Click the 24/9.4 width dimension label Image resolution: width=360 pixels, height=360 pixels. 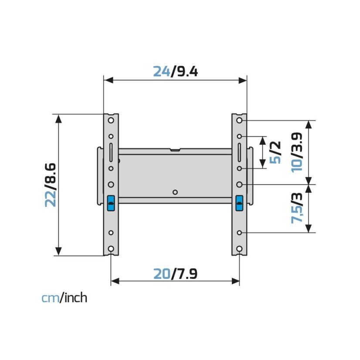point(175,71)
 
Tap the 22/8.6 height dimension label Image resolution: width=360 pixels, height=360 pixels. point(51,185)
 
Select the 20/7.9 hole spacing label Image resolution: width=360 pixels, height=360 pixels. point(175,274)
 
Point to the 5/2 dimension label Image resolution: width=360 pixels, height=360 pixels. point(275,152)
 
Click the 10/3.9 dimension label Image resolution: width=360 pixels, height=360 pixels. point(297,152)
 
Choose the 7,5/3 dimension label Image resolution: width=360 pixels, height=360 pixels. point(297,208)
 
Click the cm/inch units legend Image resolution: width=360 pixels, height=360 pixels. point(65,298)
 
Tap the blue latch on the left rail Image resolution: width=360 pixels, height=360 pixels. point(111,203)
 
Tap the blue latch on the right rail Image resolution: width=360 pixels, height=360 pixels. point(239,203)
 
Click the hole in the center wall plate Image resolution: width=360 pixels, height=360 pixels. point(175,192)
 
